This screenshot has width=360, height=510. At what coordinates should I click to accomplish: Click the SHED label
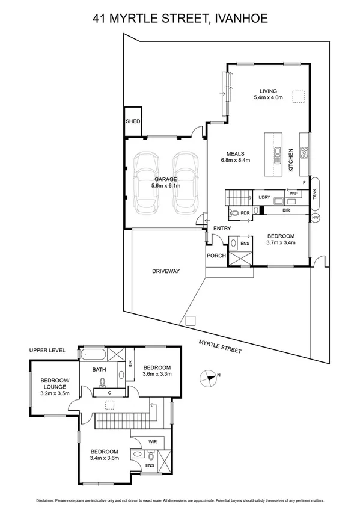point(133,122)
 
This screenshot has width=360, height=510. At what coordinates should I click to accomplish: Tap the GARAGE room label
point(165,179)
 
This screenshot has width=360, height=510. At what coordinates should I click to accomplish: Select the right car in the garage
point(185,182)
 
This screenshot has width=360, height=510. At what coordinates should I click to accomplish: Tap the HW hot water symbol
point(316,217)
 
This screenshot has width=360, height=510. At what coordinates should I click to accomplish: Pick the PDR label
point(245,212)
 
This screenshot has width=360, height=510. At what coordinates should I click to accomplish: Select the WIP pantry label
point(294,194)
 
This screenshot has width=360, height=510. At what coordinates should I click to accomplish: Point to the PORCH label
point(216,256)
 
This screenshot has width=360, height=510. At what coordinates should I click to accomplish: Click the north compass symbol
point(208,378)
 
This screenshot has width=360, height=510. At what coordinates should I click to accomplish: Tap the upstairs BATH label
point(99,370)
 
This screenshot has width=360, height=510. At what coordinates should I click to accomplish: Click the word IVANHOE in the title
point(234,19)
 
